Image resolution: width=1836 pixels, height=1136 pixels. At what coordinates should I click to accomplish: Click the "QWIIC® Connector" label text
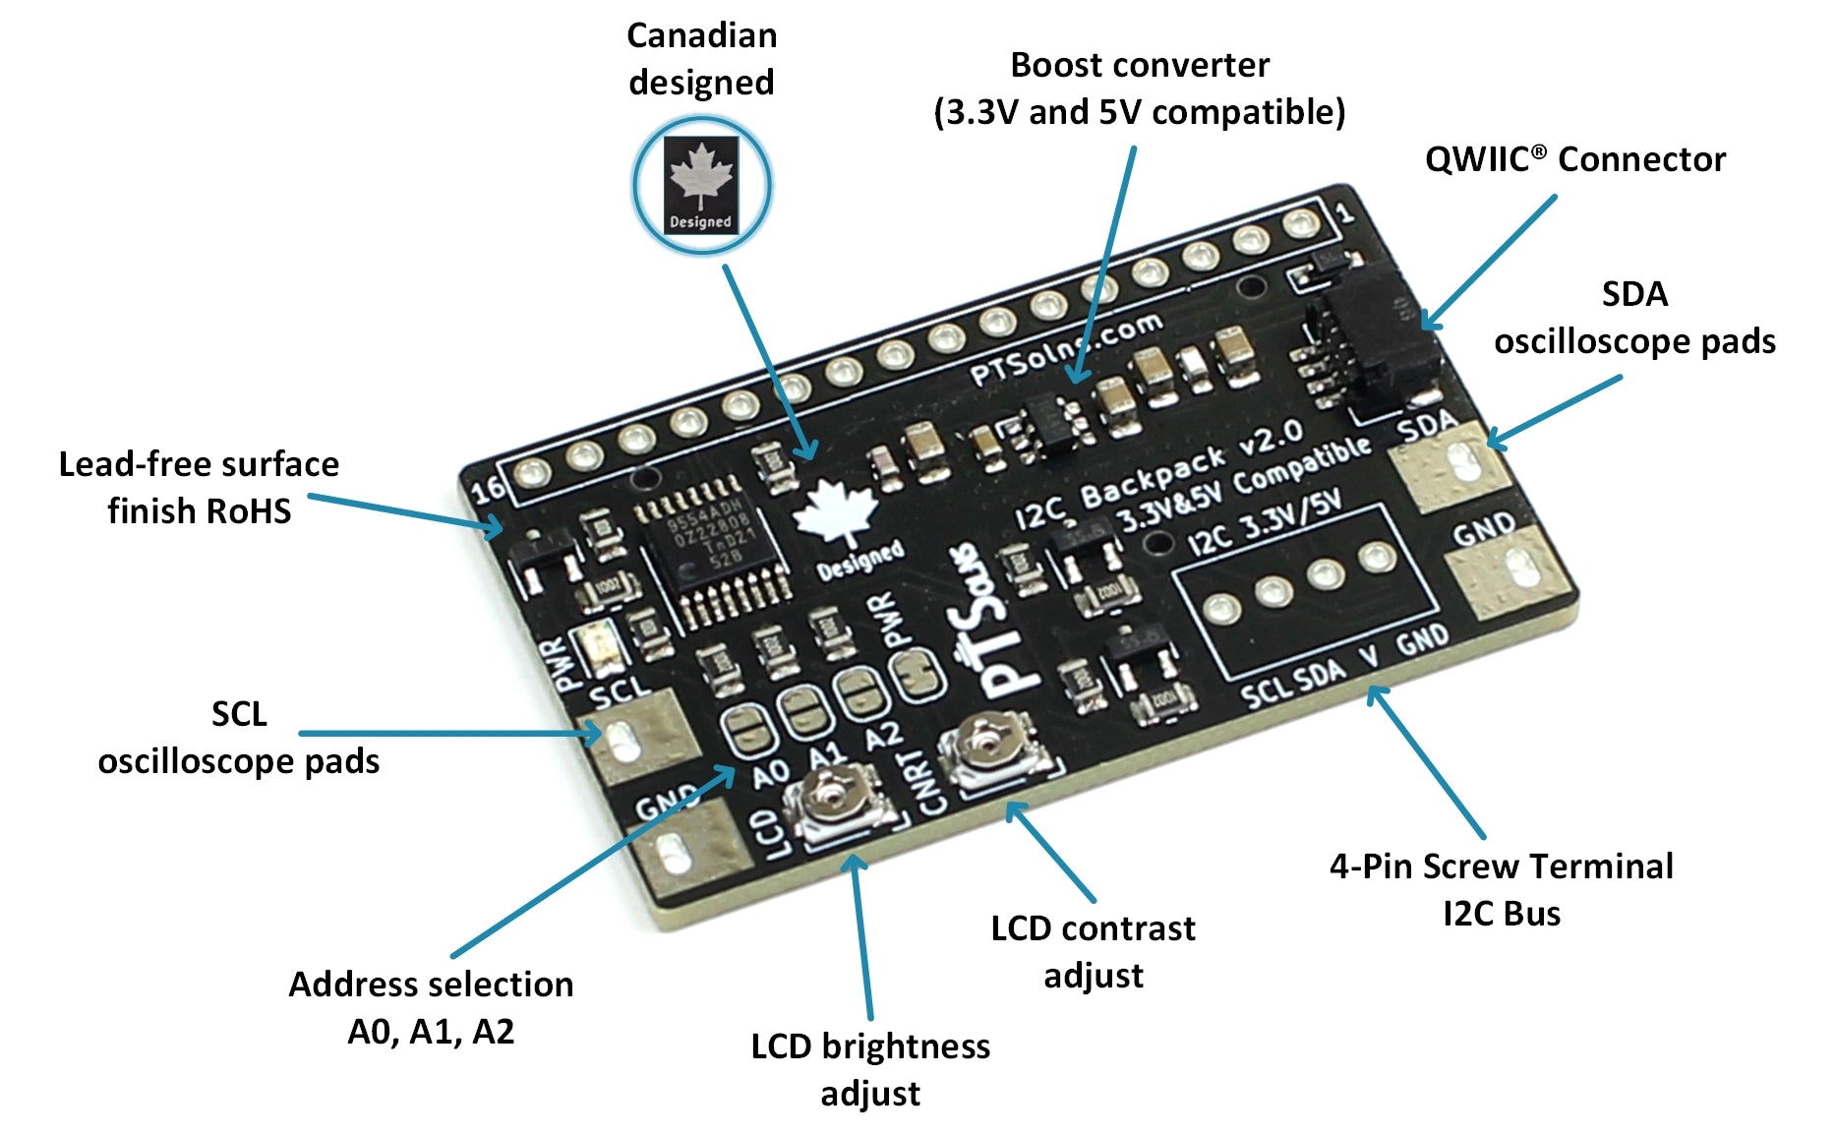coord(1574,159)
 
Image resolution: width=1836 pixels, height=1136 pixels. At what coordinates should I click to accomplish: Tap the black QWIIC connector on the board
coord(1377,339)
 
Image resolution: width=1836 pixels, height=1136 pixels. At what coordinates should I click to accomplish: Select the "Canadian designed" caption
coord(701,59)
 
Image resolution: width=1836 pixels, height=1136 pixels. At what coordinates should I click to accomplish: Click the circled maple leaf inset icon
coord(701,185)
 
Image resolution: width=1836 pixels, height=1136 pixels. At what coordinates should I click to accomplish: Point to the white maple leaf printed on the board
coord(836,511)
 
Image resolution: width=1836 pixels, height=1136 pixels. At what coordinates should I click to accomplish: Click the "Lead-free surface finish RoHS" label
coord(199,487)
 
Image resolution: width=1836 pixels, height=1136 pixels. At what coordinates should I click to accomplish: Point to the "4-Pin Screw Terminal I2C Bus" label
coord(1501,889)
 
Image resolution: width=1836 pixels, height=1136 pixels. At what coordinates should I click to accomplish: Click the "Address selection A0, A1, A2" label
coord(431,1007)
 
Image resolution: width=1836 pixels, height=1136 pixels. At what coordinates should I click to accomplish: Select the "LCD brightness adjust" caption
coord(870,1069)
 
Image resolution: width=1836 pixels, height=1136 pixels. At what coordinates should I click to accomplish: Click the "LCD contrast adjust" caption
coord(1093,951)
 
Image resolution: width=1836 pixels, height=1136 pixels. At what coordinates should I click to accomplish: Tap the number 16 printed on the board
coord(489,488)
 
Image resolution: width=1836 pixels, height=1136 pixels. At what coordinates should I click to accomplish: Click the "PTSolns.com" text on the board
coord(1067,349)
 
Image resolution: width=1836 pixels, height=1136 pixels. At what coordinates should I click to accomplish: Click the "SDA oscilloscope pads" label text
coord(1634,317)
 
